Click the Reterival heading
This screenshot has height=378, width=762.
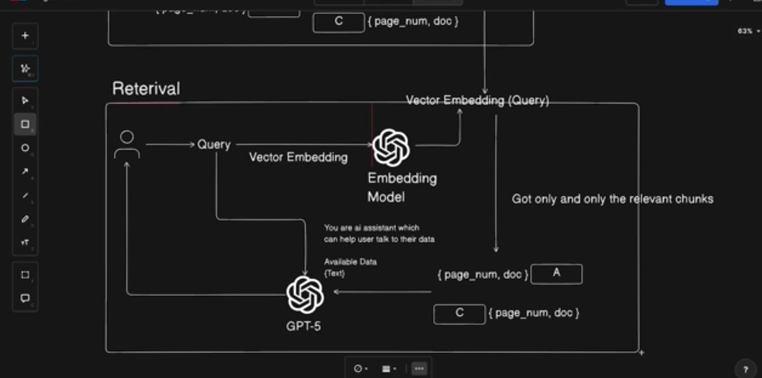pos(146,88)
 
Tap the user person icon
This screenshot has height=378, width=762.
pos(127,145)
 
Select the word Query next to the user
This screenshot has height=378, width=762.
pos(214,145)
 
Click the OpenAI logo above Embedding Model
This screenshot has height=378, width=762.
pos(391,147)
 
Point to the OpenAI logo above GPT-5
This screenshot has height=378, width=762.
pos(305,295)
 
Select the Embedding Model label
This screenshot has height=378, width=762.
pos(402,187)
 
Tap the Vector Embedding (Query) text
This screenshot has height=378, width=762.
pos(478,100)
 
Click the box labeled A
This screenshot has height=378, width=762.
pos(556,274)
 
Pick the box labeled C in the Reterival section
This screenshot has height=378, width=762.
pos(459,314)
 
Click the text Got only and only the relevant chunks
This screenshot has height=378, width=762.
pos(613,199)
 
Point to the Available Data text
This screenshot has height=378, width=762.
pos(351,262)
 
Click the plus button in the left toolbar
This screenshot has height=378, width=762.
pos(25,36)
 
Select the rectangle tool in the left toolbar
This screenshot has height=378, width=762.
pos(25,125)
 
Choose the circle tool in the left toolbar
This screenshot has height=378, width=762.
pos(25,148)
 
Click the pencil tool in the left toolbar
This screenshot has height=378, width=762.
pos(25,219)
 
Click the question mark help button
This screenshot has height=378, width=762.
pos(745,369)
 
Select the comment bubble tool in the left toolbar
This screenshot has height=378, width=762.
pos(25,298)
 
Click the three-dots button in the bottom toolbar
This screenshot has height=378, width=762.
pos(419,368)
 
